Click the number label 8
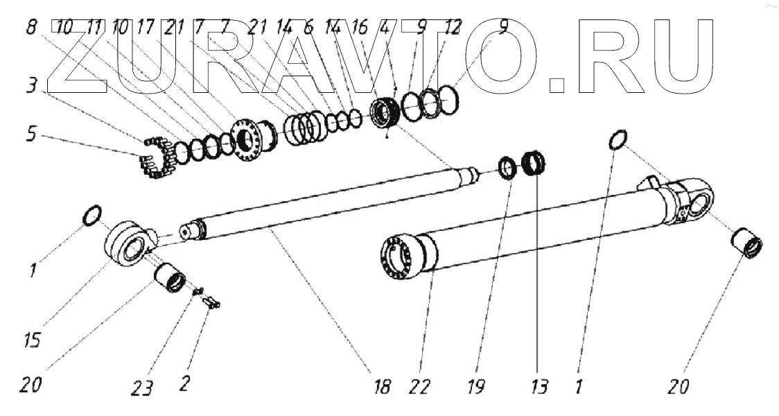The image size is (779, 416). click(31, 28)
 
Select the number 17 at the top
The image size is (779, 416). click(146, 28)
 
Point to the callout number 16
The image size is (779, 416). click(360, 28)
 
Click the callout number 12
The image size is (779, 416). click(451, 28)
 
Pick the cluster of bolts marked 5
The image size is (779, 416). click(157, 158)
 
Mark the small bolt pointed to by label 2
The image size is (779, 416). click(211, 301)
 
